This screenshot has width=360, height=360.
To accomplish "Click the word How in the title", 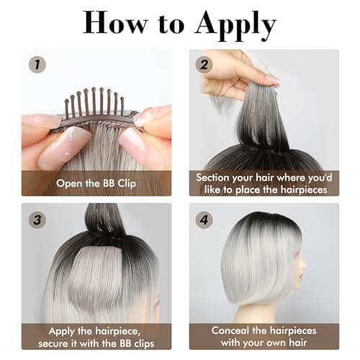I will tap(117, 23).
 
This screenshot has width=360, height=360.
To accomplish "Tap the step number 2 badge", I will tap(203, 63).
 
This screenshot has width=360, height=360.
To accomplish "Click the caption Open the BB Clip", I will tap(96, 183).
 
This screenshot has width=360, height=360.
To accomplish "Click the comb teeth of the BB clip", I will tap(94, 101).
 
